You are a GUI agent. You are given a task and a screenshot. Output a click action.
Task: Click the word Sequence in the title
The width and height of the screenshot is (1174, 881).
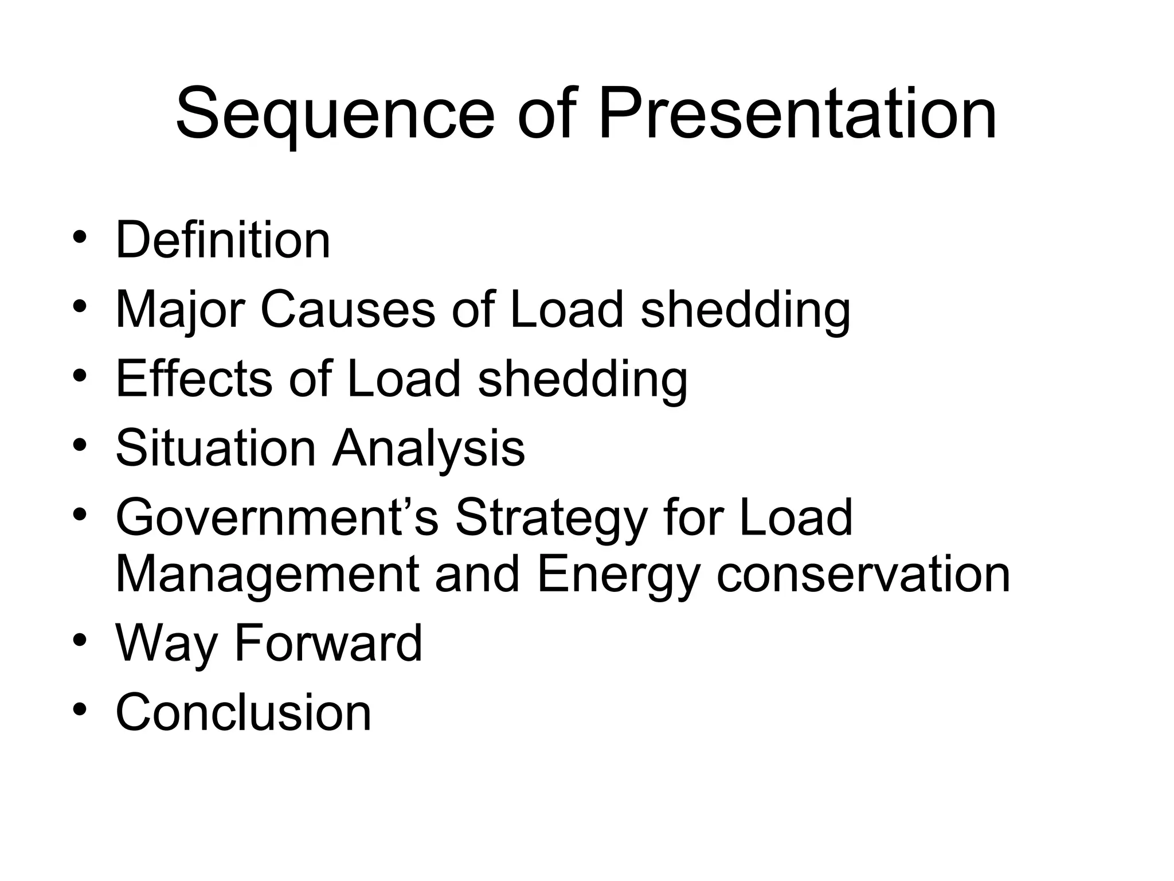click(335, 115)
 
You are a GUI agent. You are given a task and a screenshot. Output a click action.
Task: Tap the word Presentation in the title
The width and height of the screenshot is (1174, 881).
click(797, 115)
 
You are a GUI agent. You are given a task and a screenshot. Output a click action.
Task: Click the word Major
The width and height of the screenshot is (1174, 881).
click(179, 310)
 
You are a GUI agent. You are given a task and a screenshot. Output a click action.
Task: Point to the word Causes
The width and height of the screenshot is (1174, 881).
click(347, 310)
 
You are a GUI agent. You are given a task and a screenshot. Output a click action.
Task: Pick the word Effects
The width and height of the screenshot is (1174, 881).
click(194, 379)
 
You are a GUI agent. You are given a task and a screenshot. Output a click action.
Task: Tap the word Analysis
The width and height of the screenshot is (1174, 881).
click(429, 448)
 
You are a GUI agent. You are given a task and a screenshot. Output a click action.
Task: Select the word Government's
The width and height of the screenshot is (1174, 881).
click(277, 518)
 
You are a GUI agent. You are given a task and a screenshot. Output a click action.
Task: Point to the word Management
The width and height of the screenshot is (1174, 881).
click(267, 575)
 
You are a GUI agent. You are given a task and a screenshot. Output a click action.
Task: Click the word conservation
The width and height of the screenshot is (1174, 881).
click(863, 575)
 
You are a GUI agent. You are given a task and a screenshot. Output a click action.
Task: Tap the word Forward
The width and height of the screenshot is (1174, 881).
click(328, 644)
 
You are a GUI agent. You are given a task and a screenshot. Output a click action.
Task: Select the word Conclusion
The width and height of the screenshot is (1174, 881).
click(244, 713)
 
